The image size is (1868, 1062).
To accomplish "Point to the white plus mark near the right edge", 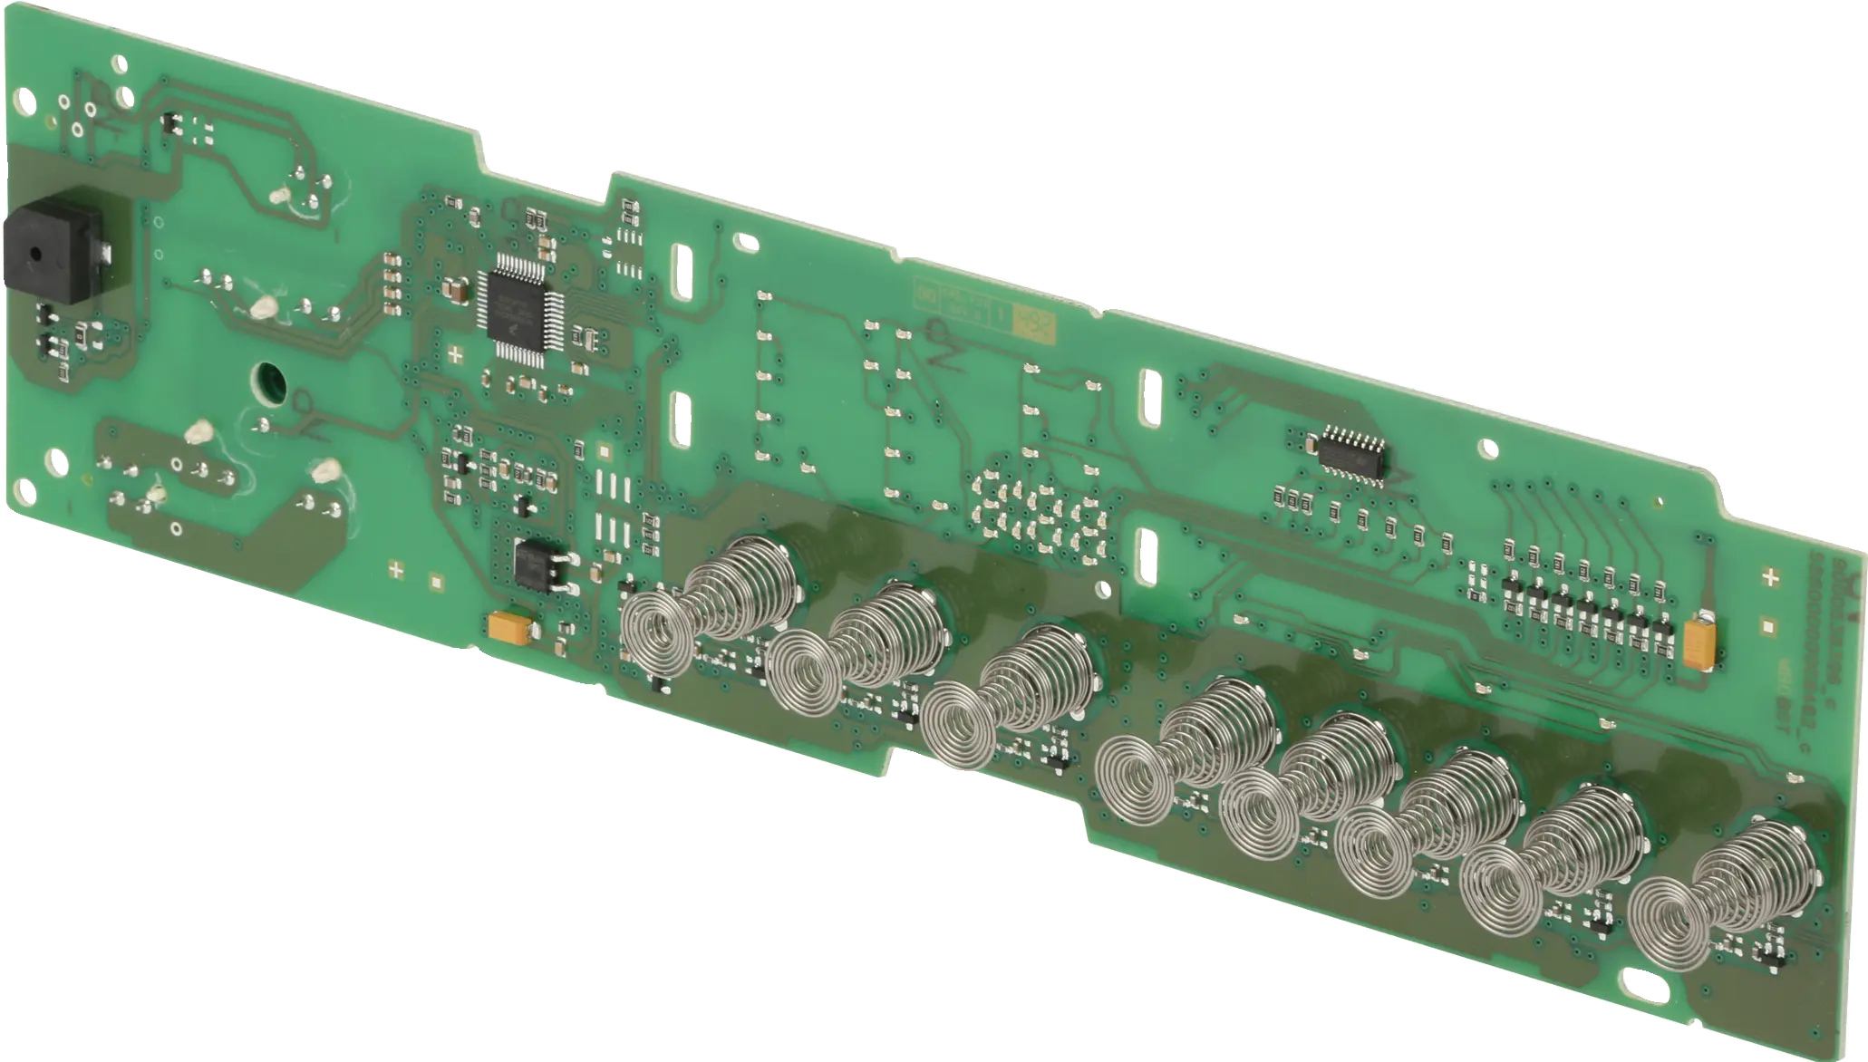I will [1771, 577].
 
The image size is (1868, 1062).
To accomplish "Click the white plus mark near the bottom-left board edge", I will [395, 570].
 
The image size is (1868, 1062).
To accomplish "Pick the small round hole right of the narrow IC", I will [1486, 448].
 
